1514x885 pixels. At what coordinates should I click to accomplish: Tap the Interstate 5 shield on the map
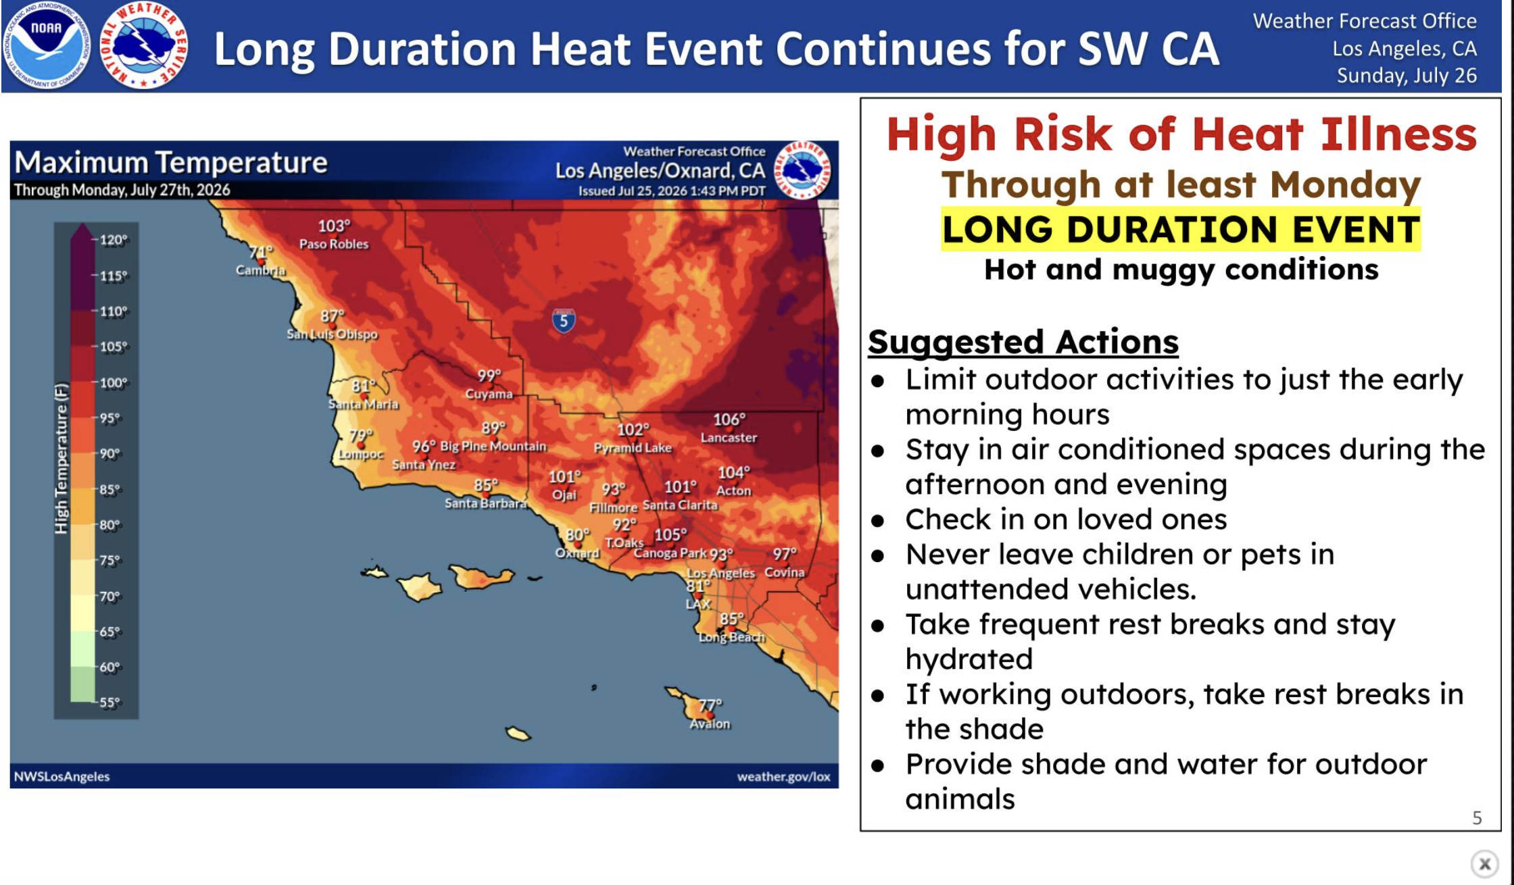coord(564,321)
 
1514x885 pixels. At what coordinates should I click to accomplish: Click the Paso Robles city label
coord(334,244)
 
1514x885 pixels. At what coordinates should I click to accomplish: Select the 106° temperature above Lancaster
coord(729,420)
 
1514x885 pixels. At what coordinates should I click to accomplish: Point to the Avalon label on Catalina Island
coord(710,724)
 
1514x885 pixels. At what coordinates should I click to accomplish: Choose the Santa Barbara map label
coord(485,503)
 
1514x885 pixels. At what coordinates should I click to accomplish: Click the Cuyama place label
coord(489,394)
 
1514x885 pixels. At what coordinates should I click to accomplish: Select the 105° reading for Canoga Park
coord(670,535)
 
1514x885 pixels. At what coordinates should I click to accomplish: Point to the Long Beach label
coord(732,637)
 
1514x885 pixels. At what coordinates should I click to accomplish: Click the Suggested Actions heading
coord(1023,342)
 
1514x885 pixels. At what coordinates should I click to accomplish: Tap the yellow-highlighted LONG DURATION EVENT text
coord(1181,229)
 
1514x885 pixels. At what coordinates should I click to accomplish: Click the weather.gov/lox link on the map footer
coord(783,777)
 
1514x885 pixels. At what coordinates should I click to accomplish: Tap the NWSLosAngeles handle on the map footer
coord(62,777)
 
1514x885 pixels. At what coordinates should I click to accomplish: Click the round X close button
coord(1484,863)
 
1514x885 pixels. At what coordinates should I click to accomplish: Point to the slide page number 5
coord(1477,818)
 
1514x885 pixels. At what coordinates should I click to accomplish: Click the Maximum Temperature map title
coord(171,163)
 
